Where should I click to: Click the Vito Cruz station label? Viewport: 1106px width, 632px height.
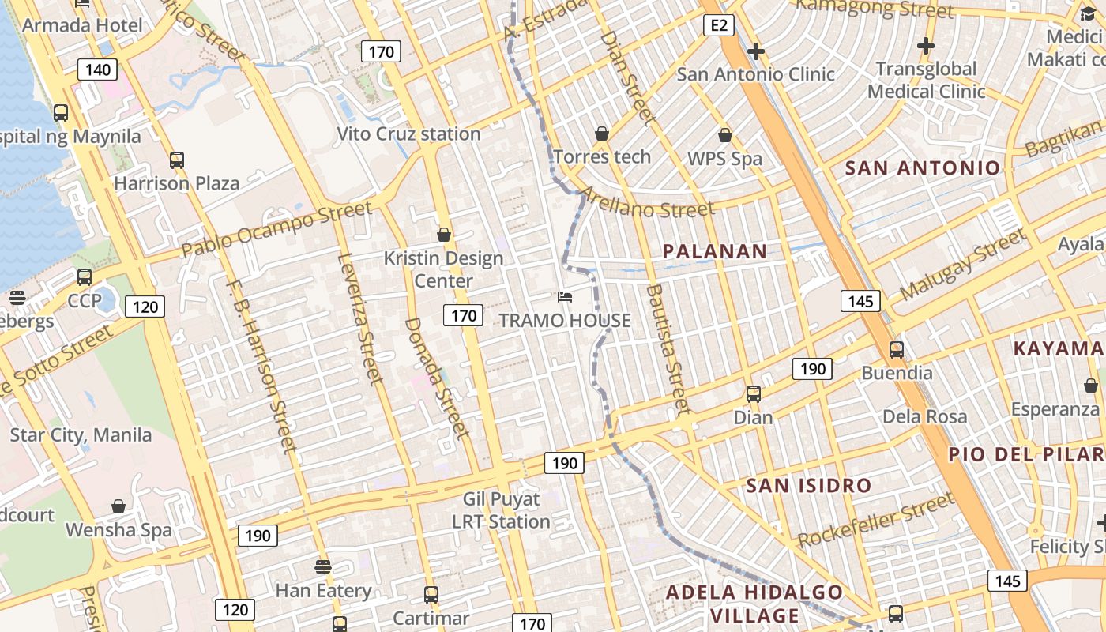[408, 134]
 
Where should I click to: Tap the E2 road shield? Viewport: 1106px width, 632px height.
[718, 26]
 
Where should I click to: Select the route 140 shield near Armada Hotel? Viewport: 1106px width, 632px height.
[98, 70]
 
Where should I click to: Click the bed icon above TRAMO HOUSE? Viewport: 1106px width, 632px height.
[565, 297]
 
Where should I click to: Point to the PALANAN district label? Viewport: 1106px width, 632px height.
[714, 251]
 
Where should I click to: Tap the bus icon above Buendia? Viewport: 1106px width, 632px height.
[896, 349]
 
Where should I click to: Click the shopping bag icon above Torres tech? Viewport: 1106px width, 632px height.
[602, 134]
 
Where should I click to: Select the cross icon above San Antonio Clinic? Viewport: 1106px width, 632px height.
[755, 52]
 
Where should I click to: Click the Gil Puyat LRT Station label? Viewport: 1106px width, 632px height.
[501, 510]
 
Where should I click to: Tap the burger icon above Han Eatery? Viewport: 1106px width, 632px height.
[322, 566]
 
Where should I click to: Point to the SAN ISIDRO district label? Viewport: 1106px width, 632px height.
[808, 485]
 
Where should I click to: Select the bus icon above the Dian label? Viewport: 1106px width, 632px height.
[753, 393]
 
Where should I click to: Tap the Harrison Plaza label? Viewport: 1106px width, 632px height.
[176, 183]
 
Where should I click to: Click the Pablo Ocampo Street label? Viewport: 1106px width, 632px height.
[276, 229]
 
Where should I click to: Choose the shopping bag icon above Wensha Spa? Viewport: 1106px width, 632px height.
[118, 506]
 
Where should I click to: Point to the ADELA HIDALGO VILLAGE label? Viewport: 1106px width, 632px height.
[754, 604]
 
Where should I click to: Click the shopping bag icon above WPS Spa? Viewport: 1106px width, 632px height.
[724, 136]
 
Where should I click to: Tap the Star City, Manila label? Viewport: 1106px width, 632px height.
[81, 434]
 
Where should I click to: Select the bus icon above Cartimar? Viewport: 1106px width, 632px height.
[431, 594]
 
